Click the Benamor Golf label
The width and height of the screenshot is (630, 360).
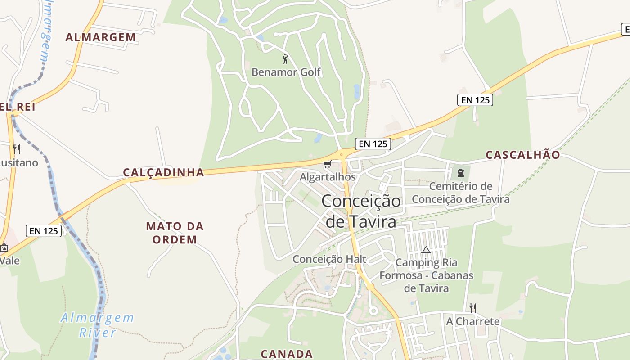point(286,72)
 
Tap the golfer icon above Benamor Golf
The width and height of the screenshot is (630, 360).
point(285,59)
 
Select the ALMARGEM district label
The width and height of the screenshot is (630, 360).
point(101,37)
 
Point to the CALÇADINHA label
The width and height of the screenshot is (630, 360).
point(163,172)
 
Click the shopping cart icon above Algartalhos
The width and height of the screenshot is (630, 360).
point(327,164)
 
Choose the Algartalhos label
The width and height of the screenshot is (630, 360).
point(328,177)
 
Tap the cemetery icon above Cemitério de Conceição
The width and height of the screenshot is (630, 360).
point(460,172)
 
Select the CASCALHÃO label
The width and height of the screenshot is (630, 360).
point(523,155)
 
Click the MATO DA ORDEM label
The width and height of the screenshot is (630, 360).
point(175,233)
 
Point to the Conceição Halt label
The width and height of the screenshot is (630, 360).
point(329,259)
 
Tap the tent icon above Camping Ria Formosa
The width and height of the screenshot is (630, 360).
point(426,250)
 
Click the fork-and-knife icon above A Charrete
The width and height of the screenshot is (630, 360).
point(472,308)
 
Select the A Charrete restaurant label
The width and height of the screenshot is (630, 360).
point(472,321)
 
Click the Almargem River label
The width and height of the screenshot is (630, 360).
point(98,325)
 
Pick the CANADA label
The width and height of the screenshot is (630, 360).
point(287,354)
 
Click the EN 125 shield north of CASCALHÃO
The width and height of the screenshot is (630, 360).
point(475,100)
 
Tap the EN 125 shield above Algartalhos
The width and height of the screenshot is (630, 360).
point(373,144)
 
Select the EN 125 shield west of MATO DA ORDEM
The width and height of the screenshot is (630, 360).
point(43,231)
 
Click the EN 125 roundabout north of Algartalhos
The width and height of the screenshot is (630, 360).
point(342,156)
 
